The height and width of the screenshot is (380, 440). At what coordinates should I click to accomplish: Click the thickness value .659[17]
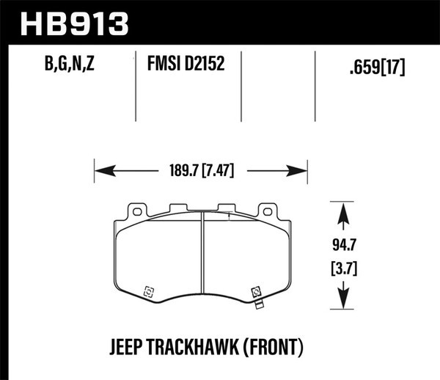click(x=375, y=70)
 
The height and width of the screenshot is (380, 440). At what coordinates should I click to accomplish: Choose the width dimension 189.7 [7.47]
click(x=200, y=172)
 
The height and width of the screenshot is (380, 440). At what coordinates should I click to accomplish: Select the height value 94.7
click(x=343, y=241)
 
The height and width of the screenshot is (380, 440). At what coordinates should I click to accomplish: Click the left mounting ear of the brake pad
click(x=135, y=211)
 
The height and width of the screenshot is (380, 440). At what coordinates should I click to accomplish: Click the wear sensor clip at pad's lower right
click(x=257, y=294)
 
